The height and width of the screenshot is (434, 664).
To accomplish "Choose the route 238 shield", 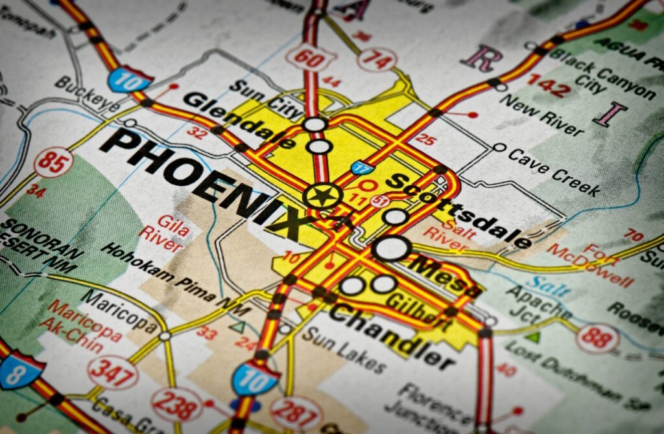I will pyautogui.click(x=176, y=404).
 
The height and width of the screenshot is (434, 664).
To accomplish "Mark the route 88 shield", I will pyautogui.click(x=597, y=338).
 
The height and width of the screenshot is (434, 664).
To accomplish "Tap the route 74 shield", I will pyautogui.click(x=376, y=60).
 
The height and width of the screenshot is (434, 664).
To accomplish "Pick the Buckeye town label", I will pyautogui.click(x=87, y=94).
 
